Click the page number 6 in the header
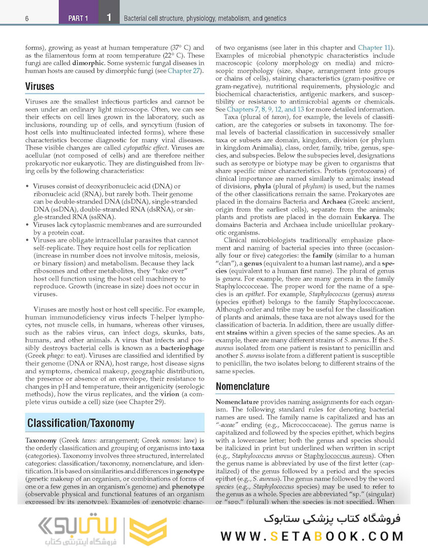(26, 19)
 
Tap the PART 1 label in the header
(78, 19)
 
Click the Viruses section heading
(40, 86)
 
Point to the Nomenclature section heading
(242, 386)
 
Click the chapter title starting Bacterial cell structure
(205, 19)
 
